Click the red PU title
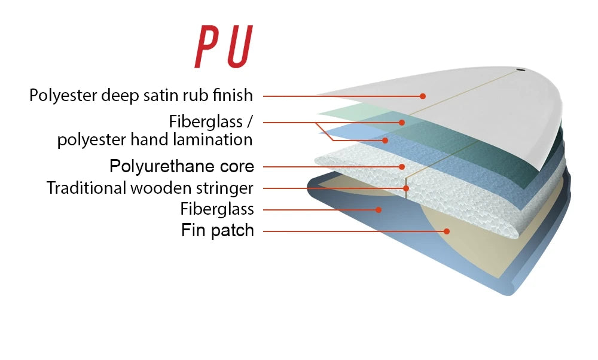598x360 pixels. tap(222, 47)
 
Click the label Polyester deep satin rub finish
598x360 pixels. tap(141, 95)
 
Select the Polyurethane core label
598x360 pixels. tap(182, 166)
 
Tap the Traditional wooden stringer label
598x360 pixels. tap(150, 188)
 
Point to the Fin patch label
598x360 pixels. tap(218, 230)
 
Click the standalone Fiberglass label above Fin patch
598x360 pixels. tap(217, 209)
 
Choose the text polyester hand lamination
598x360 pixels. tap(155, 140)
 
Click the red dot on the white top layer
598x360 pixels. tap(423, 96)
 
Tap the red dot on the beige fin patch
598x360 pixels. tap(447, 231)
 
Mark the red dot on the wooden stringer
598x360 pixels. tap(406, 188)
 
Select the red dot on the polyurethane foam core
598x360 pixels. tap(402, 167)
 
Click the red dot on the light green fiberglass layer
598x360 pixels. tap(402, 122)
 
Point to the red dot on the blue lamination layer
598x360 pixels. tap(386, 141)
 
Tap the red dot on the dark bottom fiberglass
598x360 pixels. tap(379, 209)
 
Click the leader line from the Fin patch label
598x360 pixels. tap(353, 231)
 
